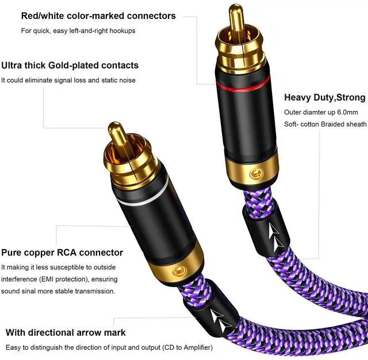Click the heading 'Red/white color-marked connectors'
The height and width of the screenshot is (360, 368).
[98, 16]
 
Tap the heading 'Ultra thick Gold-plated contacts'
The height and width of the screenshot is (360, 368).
[70, 65]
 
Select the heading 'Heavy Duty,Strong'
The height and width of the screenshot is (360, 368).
[325, 97]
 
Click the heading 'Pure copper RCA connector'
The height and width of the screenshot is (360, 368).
[62, 252]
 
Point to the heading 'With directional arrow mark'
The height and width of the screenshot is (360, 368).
[66, 332]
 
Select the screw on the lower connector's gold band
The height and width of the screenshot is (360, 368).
[177, 270]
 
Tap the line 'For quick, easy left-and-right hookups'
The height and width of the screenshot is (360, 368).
[78, 30]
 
